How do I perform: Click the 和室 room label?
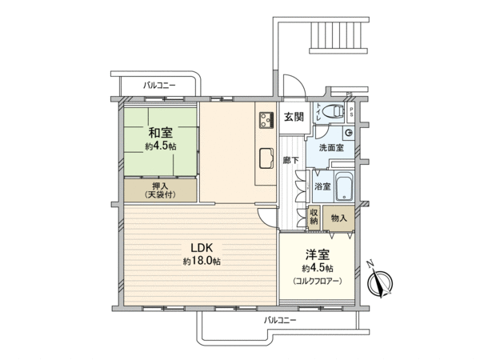pyautogui.click(x=161, y=133)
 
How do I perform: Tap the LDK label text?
pyautogui.click(x=202, y=248)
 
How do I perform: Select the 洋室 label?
pyautogui.click(x=318, y=255)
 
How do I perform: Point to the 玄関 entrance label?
pyautogui.click(x=294, y=117)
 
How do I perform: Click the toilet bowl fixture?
pyautogui.click(x=334, y=111)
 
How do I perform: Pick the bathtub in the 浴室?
pyautogui.click(x=345, y=186)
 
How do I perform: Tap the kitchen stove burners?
pyautogui.click(x=266, y=120)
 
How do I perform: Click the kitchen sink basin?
pyautogui.click(x=266, y=158)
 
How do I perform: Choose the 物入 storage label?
pyautogui.click(x=339, y=218)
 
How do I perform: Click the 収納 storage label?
pyautogui.click(x=314, y=217)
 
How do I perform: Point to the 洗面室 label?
pyautogui.click(x=331, y=148)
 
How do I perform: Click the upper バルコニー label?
pyautogui.click(x=159, y=86)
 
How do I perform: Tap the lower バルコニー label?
pyautogui.click(x=280, y=321)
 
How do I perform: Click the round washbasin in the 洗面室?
pyautogui.click(x=349, y=133)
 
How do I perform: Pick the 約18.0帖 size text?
pyautogui.click(x=202, y=261)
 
